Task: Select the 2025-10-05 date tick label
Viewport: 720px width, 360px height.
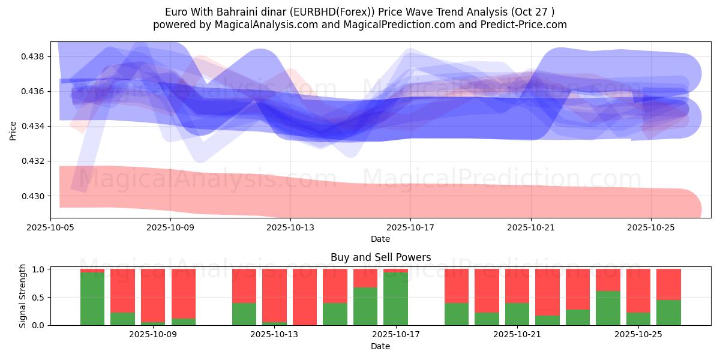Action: coord(50,228)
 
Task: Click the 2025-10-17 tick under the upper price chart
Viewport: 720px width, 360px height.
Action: coord(410,228)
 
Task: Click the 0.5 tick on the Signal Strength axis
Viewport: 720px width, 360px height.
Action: coord(39,298)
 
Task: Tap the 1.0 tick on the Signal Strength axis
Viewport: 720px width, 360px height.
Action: coord(39,269)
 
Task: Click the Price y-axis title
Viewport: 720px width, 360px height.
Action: coord(13,130)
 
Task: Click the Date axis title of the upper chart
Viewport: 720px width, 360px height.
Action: coord(380,239)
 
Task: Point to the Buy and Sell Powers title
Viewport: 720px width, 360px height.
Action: coord(380,257)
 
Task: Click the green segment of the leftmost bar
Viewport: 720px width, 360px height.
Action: coord(92,299)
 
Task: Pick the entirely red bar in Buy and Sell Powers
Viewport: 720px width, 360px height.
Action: coord(304,297)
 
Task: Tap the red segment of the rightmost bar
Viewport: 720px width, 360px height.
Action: coord(668,284)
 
